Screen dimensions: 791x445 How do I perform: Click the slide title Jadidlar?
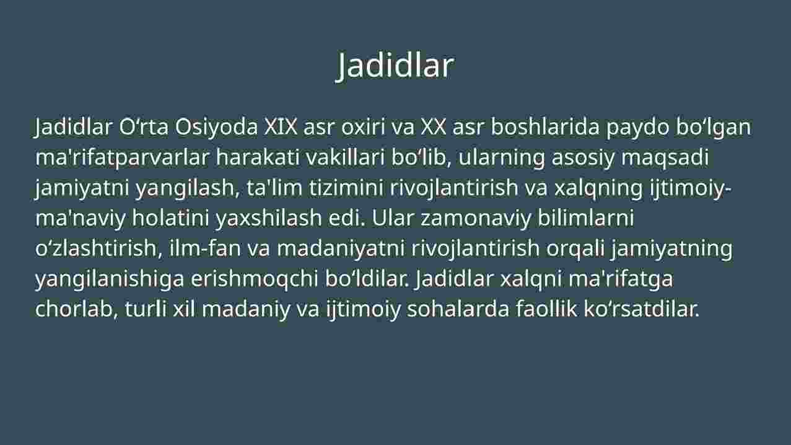[395, 66]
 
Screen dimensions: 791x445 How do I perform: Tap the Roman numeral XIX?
[281, 126]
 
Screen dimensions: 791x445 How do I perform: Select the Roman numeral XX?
[434, 126]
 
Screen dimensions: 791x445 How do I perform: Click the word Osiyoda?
[216, 127]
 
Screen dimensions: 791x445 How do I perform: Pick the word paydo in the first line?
[638, 128]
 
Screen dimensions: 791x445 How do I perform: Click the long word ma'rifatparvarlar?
[123, 157]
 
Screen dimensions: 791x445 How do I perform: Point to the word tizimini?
[346, 187]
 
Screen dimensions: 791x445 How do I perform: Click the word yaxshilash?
[269, 219]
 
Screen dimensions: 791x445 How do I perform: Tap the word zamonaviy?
[476, 219]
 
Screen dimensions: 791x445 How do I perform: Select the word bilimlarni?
[586, 218]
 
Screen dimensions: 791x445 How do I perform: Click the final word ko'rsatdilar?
[642, 309]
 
